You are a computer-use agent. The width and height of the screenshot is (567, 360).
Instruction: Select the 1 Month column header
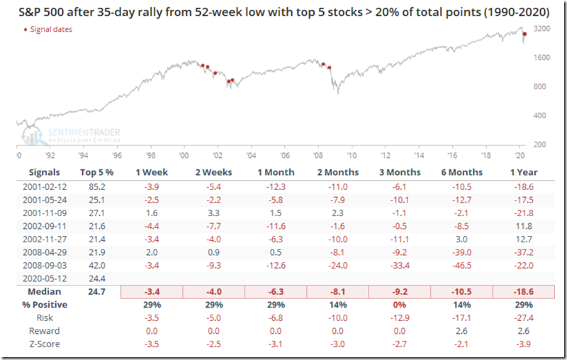tap(271, 172)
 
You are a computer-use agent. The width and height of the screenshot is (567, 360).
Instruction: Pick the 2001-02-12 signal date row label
tap(43, 186)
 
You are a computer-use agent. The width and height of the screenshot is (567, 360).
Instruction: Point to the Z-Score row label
tap(43, 344)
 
